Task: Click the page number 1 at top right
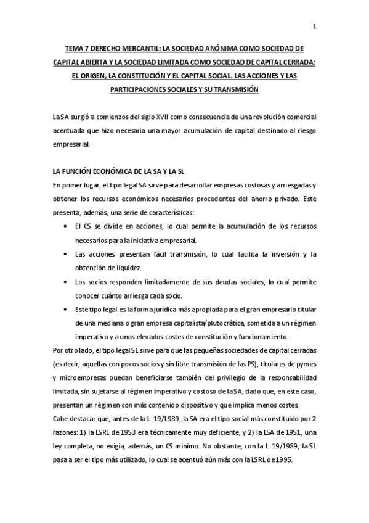(x=314, y=26)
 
